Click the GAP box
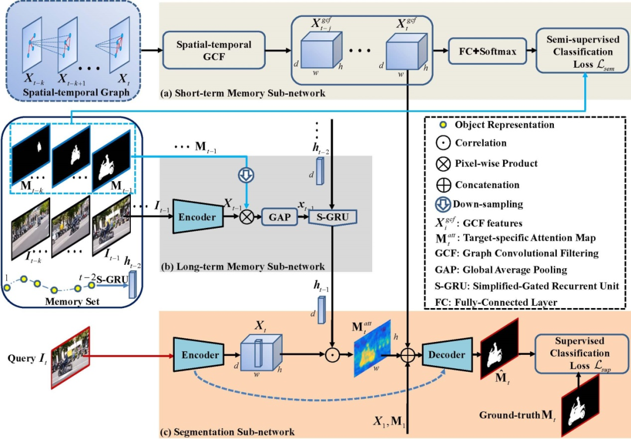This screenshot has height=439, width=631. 279,217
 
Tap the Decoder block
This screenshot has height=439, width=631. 447,355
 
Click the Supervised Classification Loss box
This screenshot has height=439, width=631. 578,354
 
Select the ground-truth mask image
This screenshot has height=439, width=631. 584,401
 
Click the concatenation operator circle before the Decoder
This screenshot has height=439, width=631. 407,355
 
